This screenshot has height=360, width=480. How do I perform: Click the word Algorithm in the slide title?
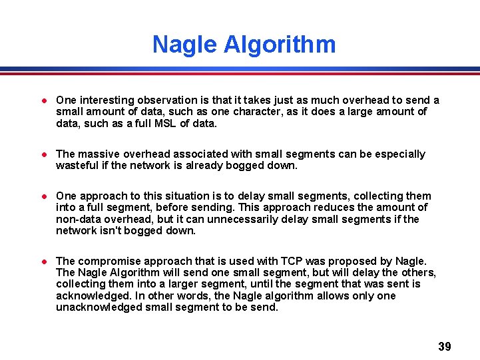(x=280, y=45)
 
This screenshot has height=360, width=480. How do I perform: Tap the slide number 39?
(x=445, y=347)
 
